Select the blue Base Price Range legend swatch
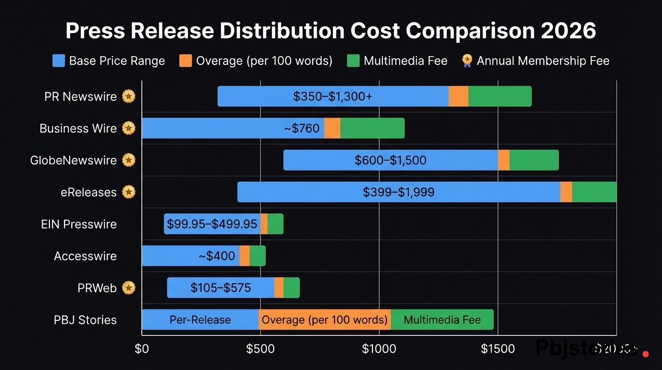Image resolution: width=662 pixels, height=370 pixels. pos(58,61)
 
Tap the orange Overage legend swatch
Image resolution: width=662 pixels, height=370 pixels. pos(185,61)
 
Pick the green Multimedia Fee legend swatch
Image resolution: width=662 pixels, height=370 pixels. pos(353,61)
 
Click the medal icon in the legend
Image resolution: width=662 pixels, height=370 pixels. pos(467,61)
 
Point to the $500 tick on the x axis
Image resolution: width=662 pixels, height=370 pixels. pos(260,349)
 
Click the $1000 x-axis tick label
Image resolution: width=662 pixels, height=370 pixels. pos(379,349)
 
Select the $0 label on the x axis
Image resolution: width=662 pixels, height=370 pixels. pos(142,349)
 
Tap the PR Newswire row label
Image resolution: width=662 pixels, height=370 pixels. pos(80,96)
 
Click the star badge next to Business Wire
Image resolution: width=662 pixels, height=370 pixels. pos(128,128)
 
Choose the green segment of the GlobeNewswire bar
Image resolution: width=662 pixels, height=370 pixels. pos(534,160)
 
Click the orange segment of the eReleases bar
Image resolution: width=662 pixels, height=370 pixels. pos(566,192)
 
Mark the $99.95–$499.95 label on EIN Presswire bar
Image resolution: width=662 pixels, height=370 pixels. pos(212,224)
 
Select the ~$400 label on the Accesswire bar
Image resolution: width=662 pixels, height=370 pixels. pos(217,256)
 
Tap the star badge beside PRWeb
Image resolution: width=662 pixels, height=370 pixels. pos(128,288)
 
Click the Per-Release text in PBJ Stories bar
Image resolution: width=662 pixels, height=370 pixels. pos(200,320)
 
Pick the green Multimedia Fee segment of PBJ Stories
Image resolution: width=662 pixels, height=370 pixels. pos(442,320)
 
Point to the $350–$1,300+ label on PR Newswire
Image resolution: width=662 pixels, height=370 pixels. pos(332,96)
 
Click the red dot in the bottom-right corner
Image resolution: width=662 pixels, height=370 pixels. pos(646,354)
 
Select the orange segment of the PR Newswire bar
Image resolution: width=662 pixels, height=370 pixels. pos(458,96)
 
